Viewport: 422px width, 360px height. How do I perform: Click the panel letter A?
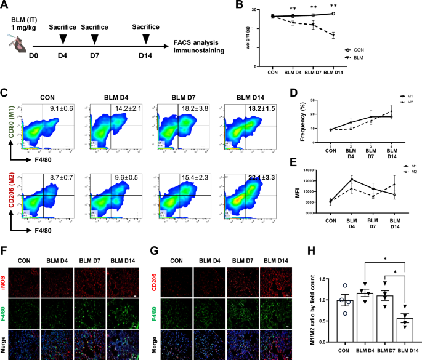(5, 6)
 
